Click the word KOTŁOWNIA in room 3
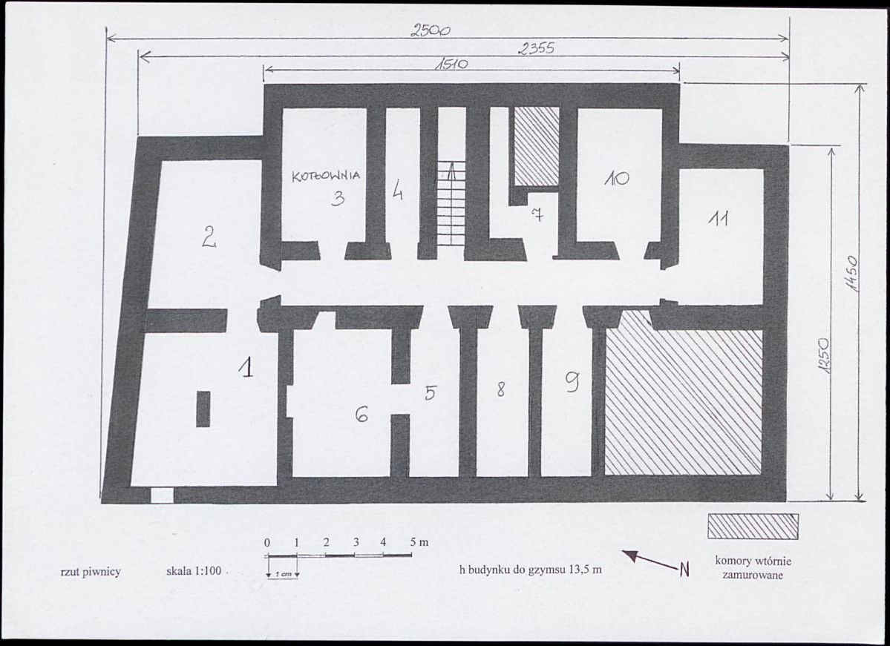point(326,176)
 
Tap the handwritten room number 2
point(209,237)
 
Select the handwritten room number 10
point(616,179)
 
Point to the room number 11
point(718,219)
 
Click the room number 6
point(361,415)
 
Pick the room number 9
point(572,384)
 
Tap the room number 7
point(537,215)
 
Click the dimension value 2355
point(536,50)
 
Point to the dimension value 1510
point(451,64)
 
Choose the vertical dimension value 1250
point(824,356)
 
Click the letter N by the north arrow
point(684,569)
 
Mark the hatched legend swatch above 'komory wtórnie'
point(753,527)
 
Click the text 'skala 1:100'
point(194,571)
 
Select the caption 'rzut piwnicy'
point(91,572)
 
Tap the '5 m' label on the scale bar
point(419,542)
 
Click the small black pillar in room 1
point(203,409)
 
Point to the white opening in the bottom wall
point(162,495)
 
